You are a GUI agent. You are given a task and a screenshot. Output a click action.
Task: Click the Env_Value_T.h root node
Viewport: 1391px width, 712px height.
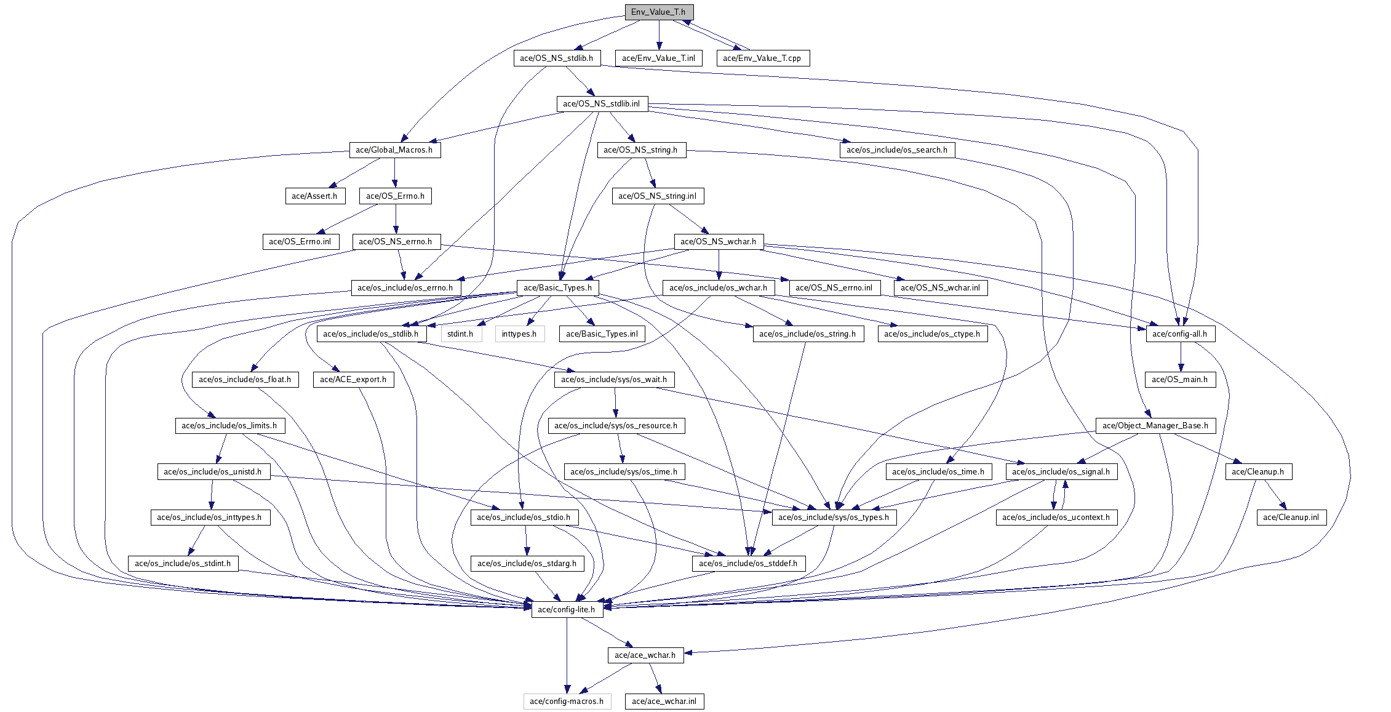point(659,12)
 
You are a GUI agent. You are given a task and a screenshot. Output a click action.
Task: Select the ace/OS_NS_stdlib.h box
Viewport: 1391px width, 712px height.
point(556,58)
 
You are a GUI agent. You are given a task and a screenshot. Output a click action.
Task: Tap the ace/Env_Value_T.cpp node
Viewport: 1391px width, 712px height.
point(762,58)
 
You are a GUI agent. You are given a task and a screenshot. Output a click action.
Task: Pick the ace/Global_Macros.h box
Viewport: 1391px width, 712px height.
point(394,150)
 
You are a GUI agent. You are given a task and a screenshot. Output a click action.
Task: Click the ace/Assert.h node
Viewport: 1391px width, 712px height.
point(314,196)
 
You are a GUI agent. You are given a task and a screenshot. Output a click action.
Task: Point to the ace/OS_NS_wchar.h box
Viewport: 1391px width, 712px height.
point(719,242)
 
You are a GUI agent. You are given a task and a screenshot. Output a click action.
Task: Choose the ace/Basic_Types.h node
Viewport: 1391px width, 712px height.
point(557,288)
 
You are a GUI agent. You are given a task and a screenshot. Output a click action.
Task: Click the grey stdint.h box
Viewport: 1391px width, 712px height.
point(461,334)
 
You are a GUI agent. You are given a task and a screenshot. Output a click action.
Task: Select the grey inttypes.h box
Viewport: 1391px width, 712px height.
point(519,334)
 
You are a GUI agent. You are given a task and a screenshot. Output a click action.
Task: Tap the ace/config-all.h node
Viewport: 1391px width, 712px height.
point(1180,334)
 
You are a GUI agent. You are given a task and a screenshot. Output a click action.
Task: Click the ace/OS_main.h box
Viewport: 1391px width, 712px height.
point(1180,380)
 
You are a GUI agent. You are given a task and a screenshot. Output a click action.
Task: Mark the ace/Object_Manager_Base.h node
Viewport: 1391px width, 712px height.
point(1155,426)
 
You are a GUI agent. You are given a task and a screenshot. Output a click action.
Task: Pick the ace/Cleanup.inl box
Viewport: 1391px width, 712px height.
point(1291,518)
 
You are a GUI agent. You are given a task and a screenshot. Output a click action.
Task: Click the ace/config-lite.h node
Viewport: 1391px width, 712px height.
point(567,610)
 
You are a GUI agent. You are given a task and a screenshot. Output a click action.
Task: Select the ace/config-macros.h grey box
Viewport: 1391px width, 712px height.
point(567,702)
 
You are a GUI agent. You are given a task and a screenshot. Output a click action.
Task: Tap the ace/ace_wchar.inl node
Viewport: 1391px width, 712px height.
point(664,702)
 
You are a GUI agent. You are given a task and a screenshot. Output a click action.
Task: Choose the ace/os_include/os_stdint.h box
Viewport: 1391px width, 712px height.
point(183,564)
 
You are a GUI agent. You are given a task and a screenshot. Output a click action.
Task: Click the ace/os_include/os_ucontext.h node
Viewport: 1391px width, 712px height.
point(1056,518)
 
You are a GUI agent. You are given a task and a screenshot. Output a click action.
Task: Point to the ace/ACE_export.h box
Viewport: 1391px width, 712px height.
point(353,380)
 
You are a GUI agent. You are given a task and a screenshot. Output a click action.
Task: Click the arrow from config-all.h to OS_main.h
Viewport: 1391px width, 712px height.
point(1180,357)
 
